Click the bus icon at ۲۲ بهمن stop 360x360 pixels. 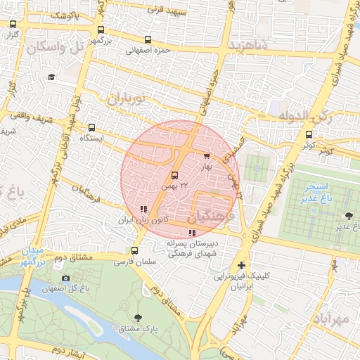[x=174, y=175]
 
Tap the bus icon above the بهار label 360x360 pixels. [x=206, y=156]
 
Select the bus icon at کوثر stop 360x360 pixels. [x=309, y=134]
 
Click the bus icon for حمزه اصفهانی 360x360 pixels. [x=147, y=40]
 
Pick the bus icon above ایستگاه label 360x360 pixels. [x=91, y=127]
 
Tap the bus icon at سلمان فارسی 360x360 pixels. [x=134, y=251]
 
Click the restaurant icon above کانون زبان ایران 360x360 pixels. [x=143, y=209]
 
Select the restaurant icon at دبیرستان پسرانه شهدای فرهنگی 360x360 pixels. [x=191, y=233]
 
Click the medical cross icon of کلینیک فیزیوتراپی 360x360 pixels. [x=242, y=265]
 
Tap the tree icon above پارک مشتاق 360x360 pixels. [x=137, y=318]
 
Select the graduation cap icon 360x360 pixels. [x=51, y=77]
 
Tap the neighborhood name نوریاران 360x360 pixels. [x=129, y=99]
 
